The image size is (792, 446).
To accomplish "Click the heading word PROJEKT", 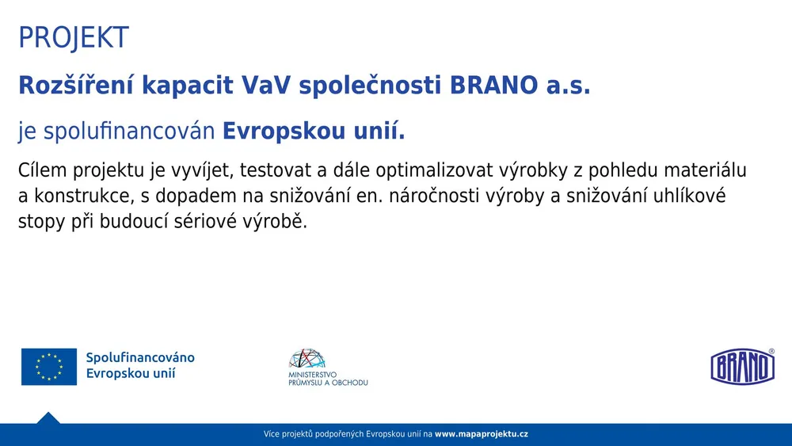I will click(73, 38).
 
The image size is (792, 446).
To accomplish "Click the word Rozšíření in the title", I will click(75, 86).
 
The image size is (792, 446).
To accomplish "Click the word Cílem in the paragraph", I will click(43, 171).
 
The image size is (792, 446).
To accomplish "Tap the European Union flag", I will click(49, 367).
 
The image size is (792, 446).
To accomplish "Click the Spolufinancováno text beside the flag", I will click(139, 358).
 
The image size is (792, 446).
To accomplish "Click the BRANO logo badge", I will click(742, 366).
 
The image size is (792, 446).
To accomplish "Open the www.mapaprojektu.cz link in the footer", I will click(481, 434).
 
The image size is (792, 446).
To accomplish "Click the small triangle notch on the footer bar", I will click(48, 418).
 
